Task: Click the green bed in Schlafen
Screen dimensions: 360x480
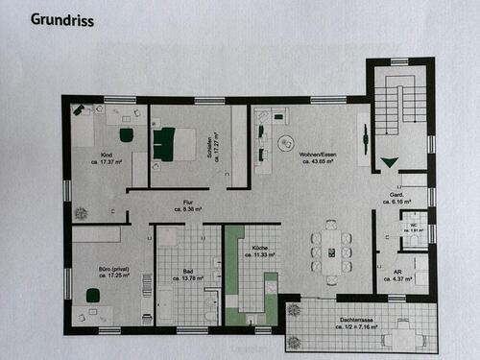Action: click(x=164, y=143)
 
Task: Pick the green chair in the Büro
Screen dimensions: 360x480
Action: click(x=93, y=297)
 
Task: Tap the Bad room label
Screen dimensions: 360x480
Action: click(x=189, y=271)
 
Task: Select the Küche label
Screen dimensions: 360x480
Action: click(x=258, y=249)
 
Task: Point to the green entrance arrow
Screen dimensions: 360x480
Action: click(x=389, y=164)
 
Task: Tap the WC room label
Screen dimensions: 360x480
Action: click(x=416, y=226)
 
